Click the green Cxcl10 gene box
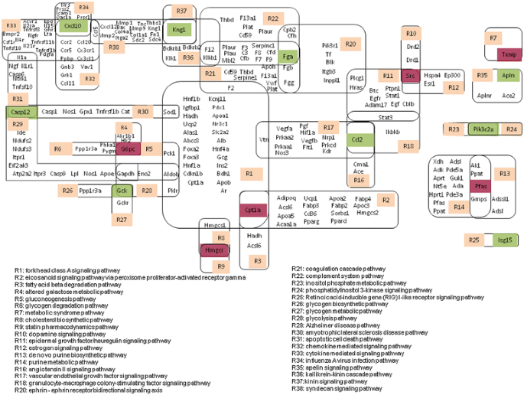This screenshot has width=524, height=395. coord(73,25)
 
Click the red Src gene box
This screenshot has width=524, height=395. coord(411,76)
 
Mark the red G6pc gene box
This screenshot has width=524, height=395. coord(128,149)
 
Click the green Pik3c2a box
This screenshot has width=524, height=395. coord(483,129)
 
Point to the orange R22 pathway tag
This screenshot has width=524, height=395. coord(272,18)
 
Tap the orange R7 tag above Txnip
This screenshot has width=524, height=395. coord(493,38)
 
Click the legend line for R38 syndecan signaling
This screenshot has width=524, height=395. coord(337,389)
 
